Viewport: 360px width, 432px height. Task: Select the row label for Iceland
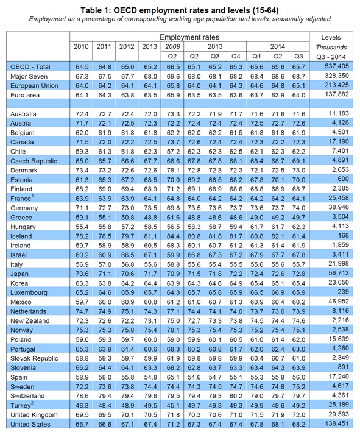tap(21, 236)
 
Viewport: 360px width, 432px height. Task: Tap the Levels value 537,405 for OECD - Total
tap(337, 66)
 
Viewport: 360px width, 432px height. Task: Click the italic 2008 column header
tap(172, 46)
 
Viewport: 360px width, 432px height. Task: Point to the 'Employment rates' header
tap(189, 37)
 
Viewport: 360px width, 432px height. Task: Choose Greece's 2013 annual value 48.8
tap(150, 218)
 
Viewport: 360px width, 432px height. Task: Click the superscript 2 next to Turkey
tap(32, 403)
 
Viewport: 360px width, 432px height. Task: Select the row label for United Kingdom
tap(34, 415)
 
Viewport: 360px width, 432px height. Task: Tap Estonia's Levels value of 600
tap(343, 179)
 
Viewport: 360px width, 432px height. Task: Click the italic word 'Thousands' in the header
tap(331, 48)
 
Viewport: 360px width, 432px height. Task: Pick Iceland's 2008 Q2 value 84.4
tap(173, 236)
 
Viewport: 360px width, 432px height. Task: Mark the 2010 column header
tap(81, 46)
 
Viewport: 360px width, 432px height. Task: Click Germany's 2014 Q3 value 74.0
tap(299, 208)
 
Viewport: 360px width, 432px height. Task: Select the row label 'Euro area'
tap(25, 95)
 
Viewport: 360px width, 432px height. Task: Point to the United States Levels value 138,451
tap(337, 423)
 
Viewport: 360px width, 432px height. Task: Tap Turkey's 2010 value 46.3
tap(82, 406)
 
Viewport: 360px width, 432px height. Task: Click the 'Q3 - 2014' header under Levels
tap(331, 57)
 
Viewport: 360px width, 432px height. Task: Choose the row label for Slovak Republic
tap(34, 358)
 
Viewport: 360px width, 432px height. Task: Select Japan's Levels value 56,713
tap(339, 273)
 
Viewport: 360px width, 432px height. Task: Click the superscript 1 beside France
tap(33, 196)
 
